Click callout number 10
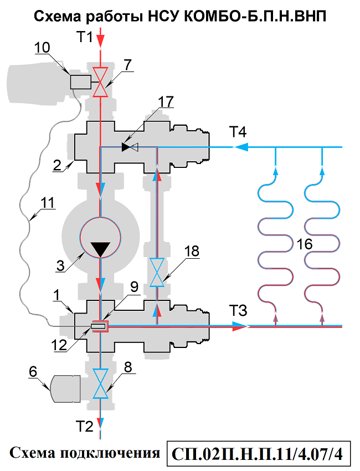42,48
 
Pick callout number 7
128,64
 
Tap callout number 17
165,101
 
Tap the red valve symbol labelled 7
100,82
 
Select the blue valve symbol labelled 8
100,383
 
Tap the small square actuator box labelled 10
81,82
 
